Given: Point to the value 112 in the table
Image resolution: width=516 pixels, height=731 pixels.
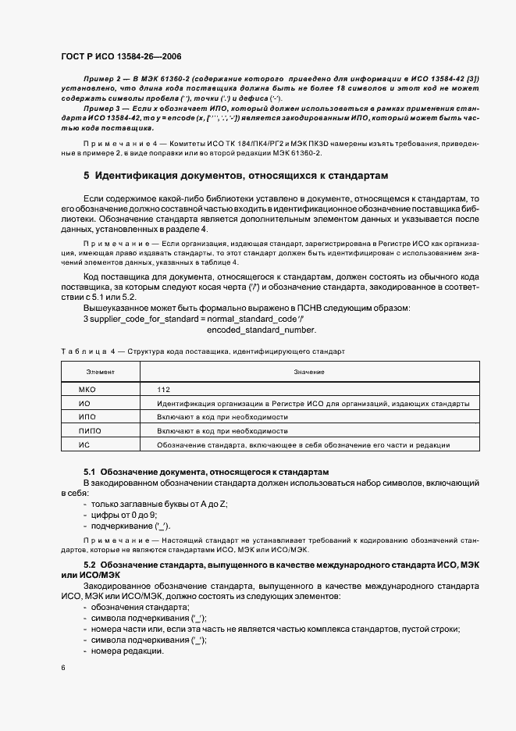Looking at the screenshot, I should (163, 389).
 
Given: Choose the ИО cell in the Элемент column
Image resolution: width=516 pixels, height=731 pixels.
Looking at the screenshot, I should (85, 403).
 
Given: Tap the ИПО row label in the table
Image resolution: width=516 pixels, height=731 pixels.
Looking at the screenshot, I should (87, 417).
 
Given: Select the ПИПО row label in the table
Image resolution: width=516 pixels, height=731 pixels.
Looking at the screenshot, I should (91, 431).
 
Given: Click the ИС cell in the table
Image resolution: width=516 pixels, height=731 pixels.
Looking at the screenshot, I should (85, 445).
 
